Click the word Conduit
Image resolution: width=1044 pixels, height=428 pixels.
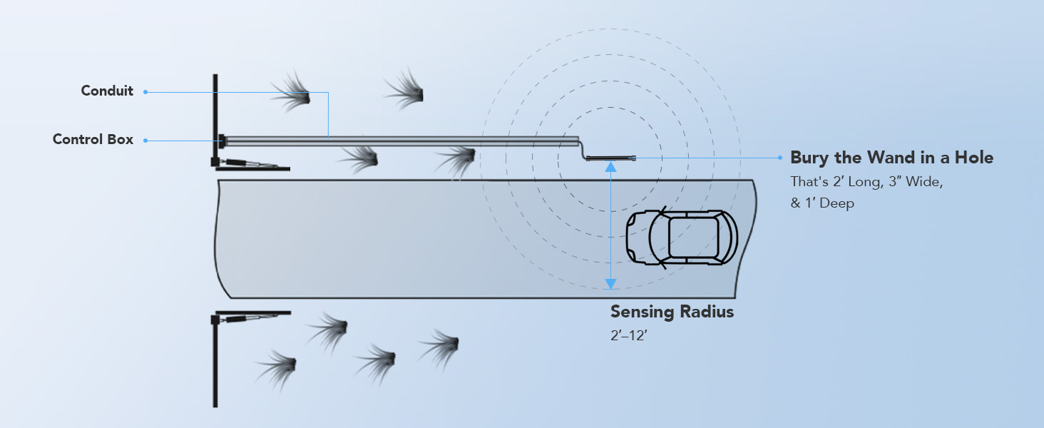(x=107, y=91)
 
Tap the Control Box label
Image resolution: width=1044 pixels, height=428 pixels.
(x=93, y=139)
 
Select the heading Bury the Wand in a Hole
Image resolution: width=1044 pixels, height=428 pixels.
(x=891, y=158)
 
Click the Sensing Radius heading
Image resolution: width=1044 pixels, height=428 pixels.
(x=672, y=312)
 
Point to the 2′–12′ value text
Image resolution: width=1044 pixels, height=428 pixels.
(x=629, y=335)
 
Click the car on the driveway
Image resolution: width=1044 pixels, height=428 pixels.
(x=682, y=238)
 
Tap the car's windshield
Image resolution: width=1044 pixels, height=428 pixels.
(x=658, y=238)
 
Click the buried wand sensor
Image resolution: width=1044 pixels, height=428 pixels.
(x=610, y=158)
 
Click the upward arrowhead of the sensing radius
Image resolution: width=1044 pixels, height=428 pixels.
(x=610, y=166)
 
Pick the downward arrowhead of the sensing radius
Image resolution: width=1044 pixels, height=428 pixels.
(x=610, y=283)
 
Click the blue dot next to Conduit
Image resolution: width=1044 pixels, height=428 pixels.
(x=145, y=92)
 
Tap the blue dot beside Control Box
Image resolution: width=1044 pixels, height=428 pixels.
(x=145, y=141)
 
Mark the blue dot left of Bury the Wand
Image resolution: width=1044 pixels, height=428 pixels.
(x=780, y=158)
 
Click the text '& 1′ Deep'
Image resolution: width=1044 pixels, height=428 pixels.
(x=822, y=203)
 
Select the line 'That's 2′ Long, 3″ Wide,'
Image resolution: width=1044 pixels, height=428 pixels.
(x=866, y=181)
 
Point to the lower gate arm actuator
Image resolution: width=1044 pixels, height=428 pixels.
(x=251, y=317)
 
